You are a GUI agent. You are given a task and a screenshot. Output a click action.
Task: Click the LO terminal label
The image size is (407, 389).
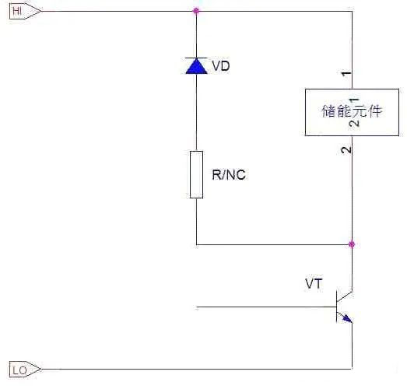click(19, 370)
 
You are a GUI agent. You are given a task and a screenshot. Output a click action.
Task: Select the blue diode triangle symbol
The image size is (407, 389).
click(195, 66)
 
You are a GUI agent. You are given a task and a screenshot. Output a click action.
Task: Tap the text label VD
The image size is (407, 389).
click(221, 66)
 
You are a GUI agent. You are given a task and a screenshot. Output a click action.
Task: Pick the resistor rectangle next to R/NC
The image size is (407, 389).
click(196, 174)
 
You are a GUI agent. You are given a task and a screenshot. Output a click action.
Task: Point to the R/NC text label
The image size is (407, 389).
click(229, 174)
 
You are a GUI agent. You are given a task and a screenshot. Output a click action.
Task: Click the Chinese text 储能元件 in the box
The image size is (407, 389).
click(352, 112)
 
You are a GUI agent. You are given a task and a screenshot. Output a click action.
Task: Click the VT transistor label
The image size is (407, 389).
click(314, 285)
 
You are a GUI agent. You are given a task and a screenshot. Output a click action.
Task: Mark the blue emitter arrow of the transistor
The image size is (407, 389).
click(346, 317)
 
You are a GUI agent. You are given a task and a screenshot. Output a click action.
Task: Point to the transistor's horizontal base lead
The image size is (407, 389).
click(265, 307)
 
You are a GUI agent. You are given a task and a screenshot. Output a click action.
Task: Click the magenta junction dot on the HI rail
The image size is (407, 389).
click(195, 11)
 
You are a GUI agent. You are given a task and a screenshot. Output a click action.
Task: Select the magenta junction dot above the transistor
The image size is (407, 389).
click(352, 244)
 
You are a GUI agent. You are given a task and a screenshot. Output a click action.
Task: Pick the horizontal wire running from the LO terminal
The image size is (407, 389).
click(195, 369)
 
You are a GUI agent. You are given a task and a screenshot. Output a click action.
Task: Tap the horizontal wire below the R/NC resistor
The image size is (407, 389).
click(272, 244)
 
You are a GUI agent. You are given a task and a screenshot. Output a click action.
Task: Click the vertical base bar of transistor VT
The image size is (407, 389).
click(336, 307)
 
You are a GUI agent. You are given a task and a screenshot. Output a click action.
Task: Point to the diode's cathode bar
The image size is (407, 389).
click(195, 58)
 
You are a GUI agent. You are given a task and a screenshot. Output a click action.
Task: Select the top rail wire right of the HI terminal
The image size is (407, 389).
click(117, 11)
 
